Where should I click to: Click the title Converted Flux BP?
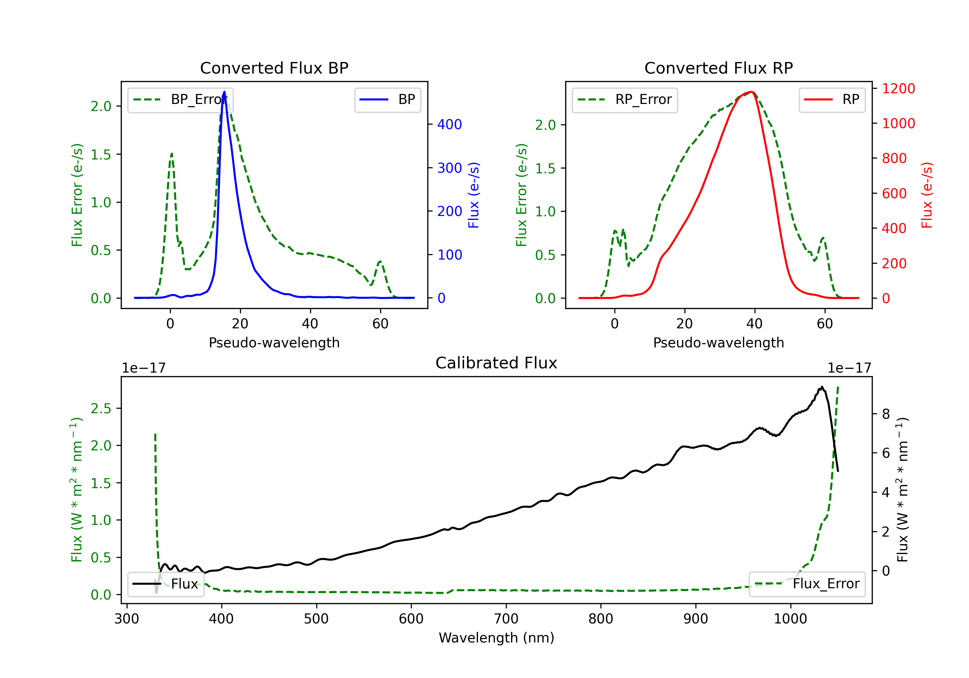coord(274,68)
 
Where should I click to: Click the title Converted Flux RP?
coord(718,68)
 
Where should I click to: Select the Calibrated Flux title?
coord(496,363)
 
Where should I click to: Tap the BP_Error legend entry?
coord(180,100)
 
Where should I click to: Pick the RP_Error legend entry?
coord(625,100)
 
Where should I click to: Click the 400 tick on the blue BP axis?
coord(450,125)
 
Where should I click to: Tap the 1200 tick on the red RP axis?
coord(899,88)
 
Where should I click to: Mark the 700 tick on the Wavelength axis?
coord(506,619)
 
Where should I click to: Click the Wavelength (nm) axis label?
coord(496,638)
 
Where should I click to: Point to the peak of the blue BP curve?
coord(224,92)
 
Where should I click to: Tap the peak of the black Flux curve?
coord(822,387)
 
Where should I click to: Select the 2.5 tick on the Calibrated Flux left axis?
coord(101,408)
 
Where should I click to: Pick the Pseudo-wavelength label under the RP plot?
coord(718,343)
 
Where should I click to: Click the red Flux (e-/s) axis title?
coord(926,195)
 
